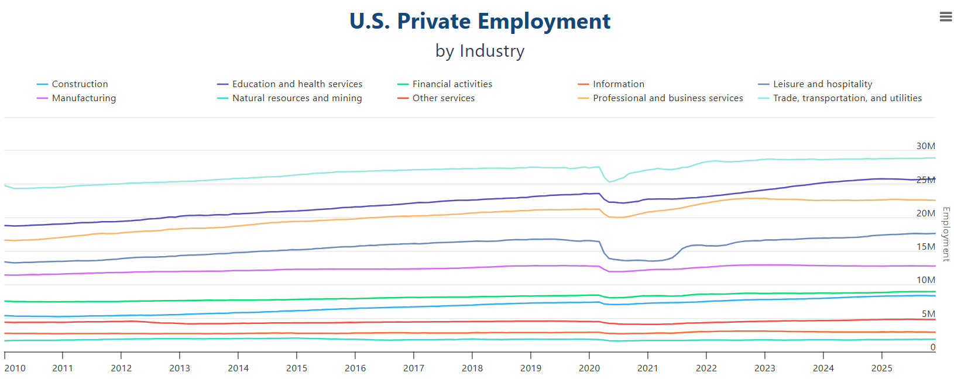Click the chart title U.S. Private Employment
[x=479, y=22]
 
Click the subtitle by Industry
[x=479, y=51]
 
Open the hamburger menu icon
[x=945, y=17]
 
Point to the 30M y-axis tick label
[x=925, y=146]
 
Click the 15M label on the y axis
[x=925, y=247]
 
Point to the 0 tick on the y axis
[x=932, y=347]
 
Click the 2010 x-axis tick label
[x=15, y=368]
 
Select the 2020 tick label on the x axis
[x=589, y=368]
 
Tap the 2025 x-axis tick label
[x=881, y=368]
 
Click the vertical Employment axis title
[x=946, y=234]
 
